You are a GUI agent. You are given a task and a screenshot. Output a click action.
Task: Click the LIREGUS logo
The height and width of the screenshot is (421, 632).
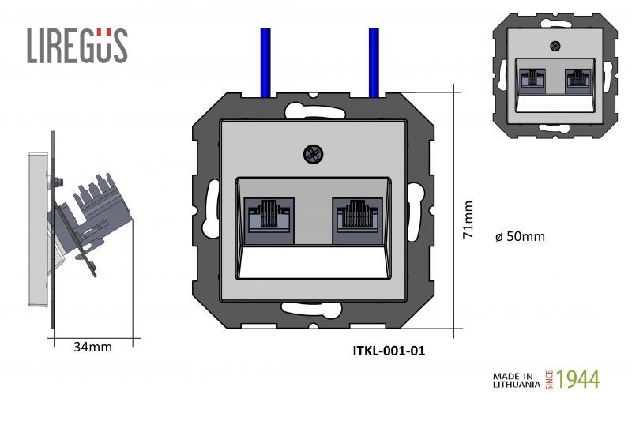coord(77,45)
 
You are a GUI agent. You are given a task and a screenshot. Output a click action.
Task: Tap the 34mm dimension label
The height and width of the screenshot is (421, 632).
coord(92,347)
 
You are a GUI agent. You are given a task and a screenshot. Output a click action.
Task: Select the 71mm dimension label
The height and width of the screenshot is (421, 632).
coord(468,219)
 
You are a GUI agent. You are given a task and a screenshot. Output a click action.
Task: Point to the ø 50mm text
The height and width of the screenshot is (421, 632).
coord(519,236)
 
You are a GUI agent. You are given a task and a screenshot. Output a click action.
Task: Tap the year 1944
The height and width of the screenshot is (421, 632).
coord(578,379)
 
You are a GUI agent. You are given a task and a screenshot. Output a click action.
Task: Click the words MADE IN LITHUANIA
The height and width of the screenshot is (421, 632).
coord(517,380)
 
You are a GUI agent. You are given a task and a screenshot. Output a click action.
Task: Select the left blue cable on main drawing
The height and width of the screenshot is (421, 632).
coord(266,63)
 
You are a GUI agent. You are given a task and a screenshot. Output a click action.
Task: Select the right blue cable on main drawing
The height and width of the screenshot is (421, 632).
coord(374,63)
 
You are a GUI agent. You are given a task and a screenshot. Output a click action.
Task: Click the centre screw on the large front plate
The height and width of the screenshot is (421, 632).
coord(312,156)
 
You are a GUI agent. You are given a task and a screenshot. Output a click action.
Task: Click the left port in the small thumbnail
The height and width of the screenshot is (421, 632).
coord(533,79)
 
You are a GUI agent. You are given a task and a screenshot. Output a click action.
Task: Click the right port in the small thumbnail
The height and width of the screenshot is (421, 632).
coord(578,79)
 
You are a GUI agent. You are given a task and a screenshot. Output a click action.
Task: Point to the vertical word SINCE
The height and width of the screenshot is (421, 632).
coord(550,379)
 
